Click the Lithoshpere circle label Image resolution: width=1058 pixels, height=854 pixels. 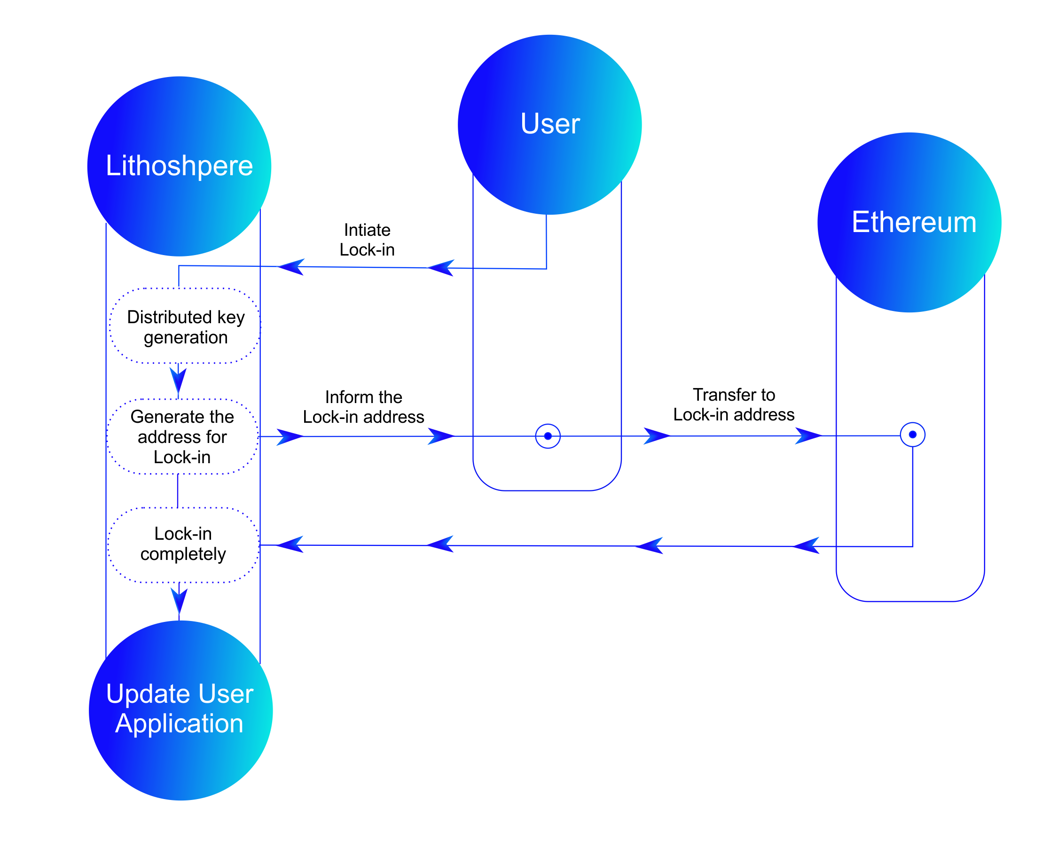179,166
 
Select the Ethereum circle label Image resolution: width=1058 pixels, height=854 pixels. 913,222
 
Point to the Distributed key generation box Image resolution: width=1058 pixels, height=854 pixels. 185,326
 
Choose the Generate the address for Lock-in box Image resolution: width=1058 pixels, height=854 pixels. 182,437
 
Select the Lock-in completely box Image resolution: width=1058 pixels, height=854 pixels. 183,544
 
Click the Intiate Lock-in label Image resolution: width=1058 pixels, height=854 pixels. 367,240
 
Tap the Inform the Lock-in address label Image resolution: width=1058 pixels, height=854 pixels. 364,407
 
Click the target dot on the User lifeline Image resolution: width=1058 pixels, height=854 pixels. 547,436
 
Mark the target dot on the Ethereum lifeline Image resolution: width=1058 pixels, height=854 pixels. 912,435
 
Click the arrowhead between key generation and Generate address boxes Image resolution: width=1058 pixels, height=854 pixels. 178,379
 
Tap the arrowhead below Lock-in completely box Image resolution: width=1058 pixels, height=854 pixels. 179,600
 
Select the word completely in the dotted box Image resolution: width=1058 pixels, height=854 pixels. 183,554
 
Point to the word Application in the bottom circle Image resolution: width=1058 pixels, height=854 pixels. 179,723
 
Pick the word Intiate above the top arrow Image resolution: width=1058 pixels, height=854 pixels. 367,230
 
